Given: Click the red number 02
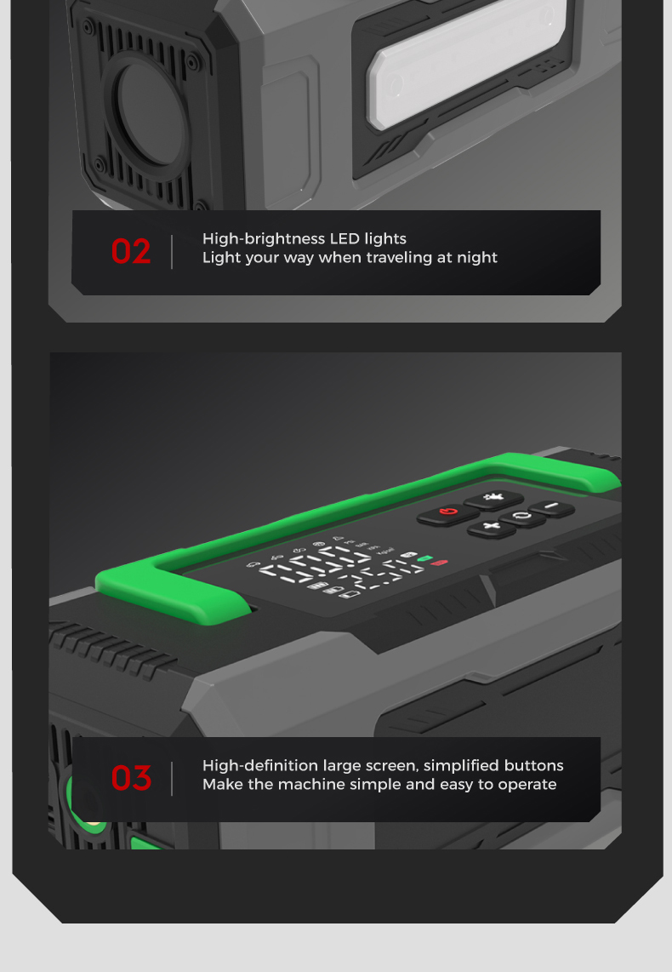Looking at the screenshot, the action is pyautogui.click(x=131, y=252).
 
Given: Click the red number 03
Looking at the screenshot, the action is pyautogui.click(x=131, y=779).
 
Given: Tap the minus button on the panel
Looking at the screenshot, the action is pyautogui.click(x=551, y=507).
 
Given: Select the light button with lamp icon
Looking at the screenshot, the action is pyautogui.click(x=493, y=499).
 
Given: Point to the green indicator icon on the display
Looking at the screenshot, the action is pyautogui.click(x=424, y=558).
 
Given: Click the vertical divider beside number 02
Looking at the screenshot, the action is pyautogui.click(x=172, y=252).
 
